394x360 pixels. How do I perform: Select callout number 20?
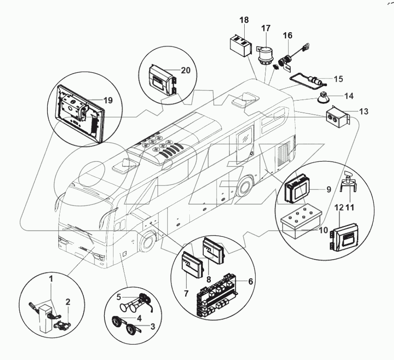click(186, 70)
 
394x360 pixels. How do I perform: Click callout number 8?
click(210, 279)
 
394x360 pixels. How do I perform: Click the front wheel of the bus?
click(147, 243)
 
